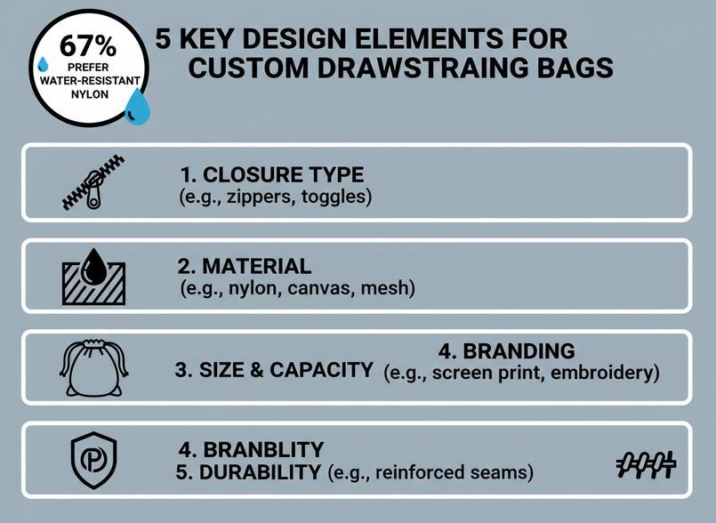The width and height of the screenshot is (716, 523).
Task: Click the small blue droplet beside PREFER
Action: click(x=42, y=65)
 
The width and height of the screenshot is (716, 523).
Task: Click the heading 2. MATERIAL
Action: click(x=245, y=266)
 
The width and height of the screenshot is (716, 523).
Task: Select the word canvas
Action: click(x=326, y=288)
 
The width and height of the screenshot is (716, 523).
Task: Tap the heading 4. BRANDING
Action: click(x=507, y=350)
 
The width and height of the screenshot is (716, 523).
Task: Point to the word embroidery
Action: click(x=605, y=373)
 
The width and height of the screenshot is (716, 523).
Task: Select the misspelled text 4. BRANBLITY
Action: click(x=252, y=448)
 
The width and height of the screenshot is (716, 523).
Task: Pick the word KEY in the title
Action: click(x=209, y=40)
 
